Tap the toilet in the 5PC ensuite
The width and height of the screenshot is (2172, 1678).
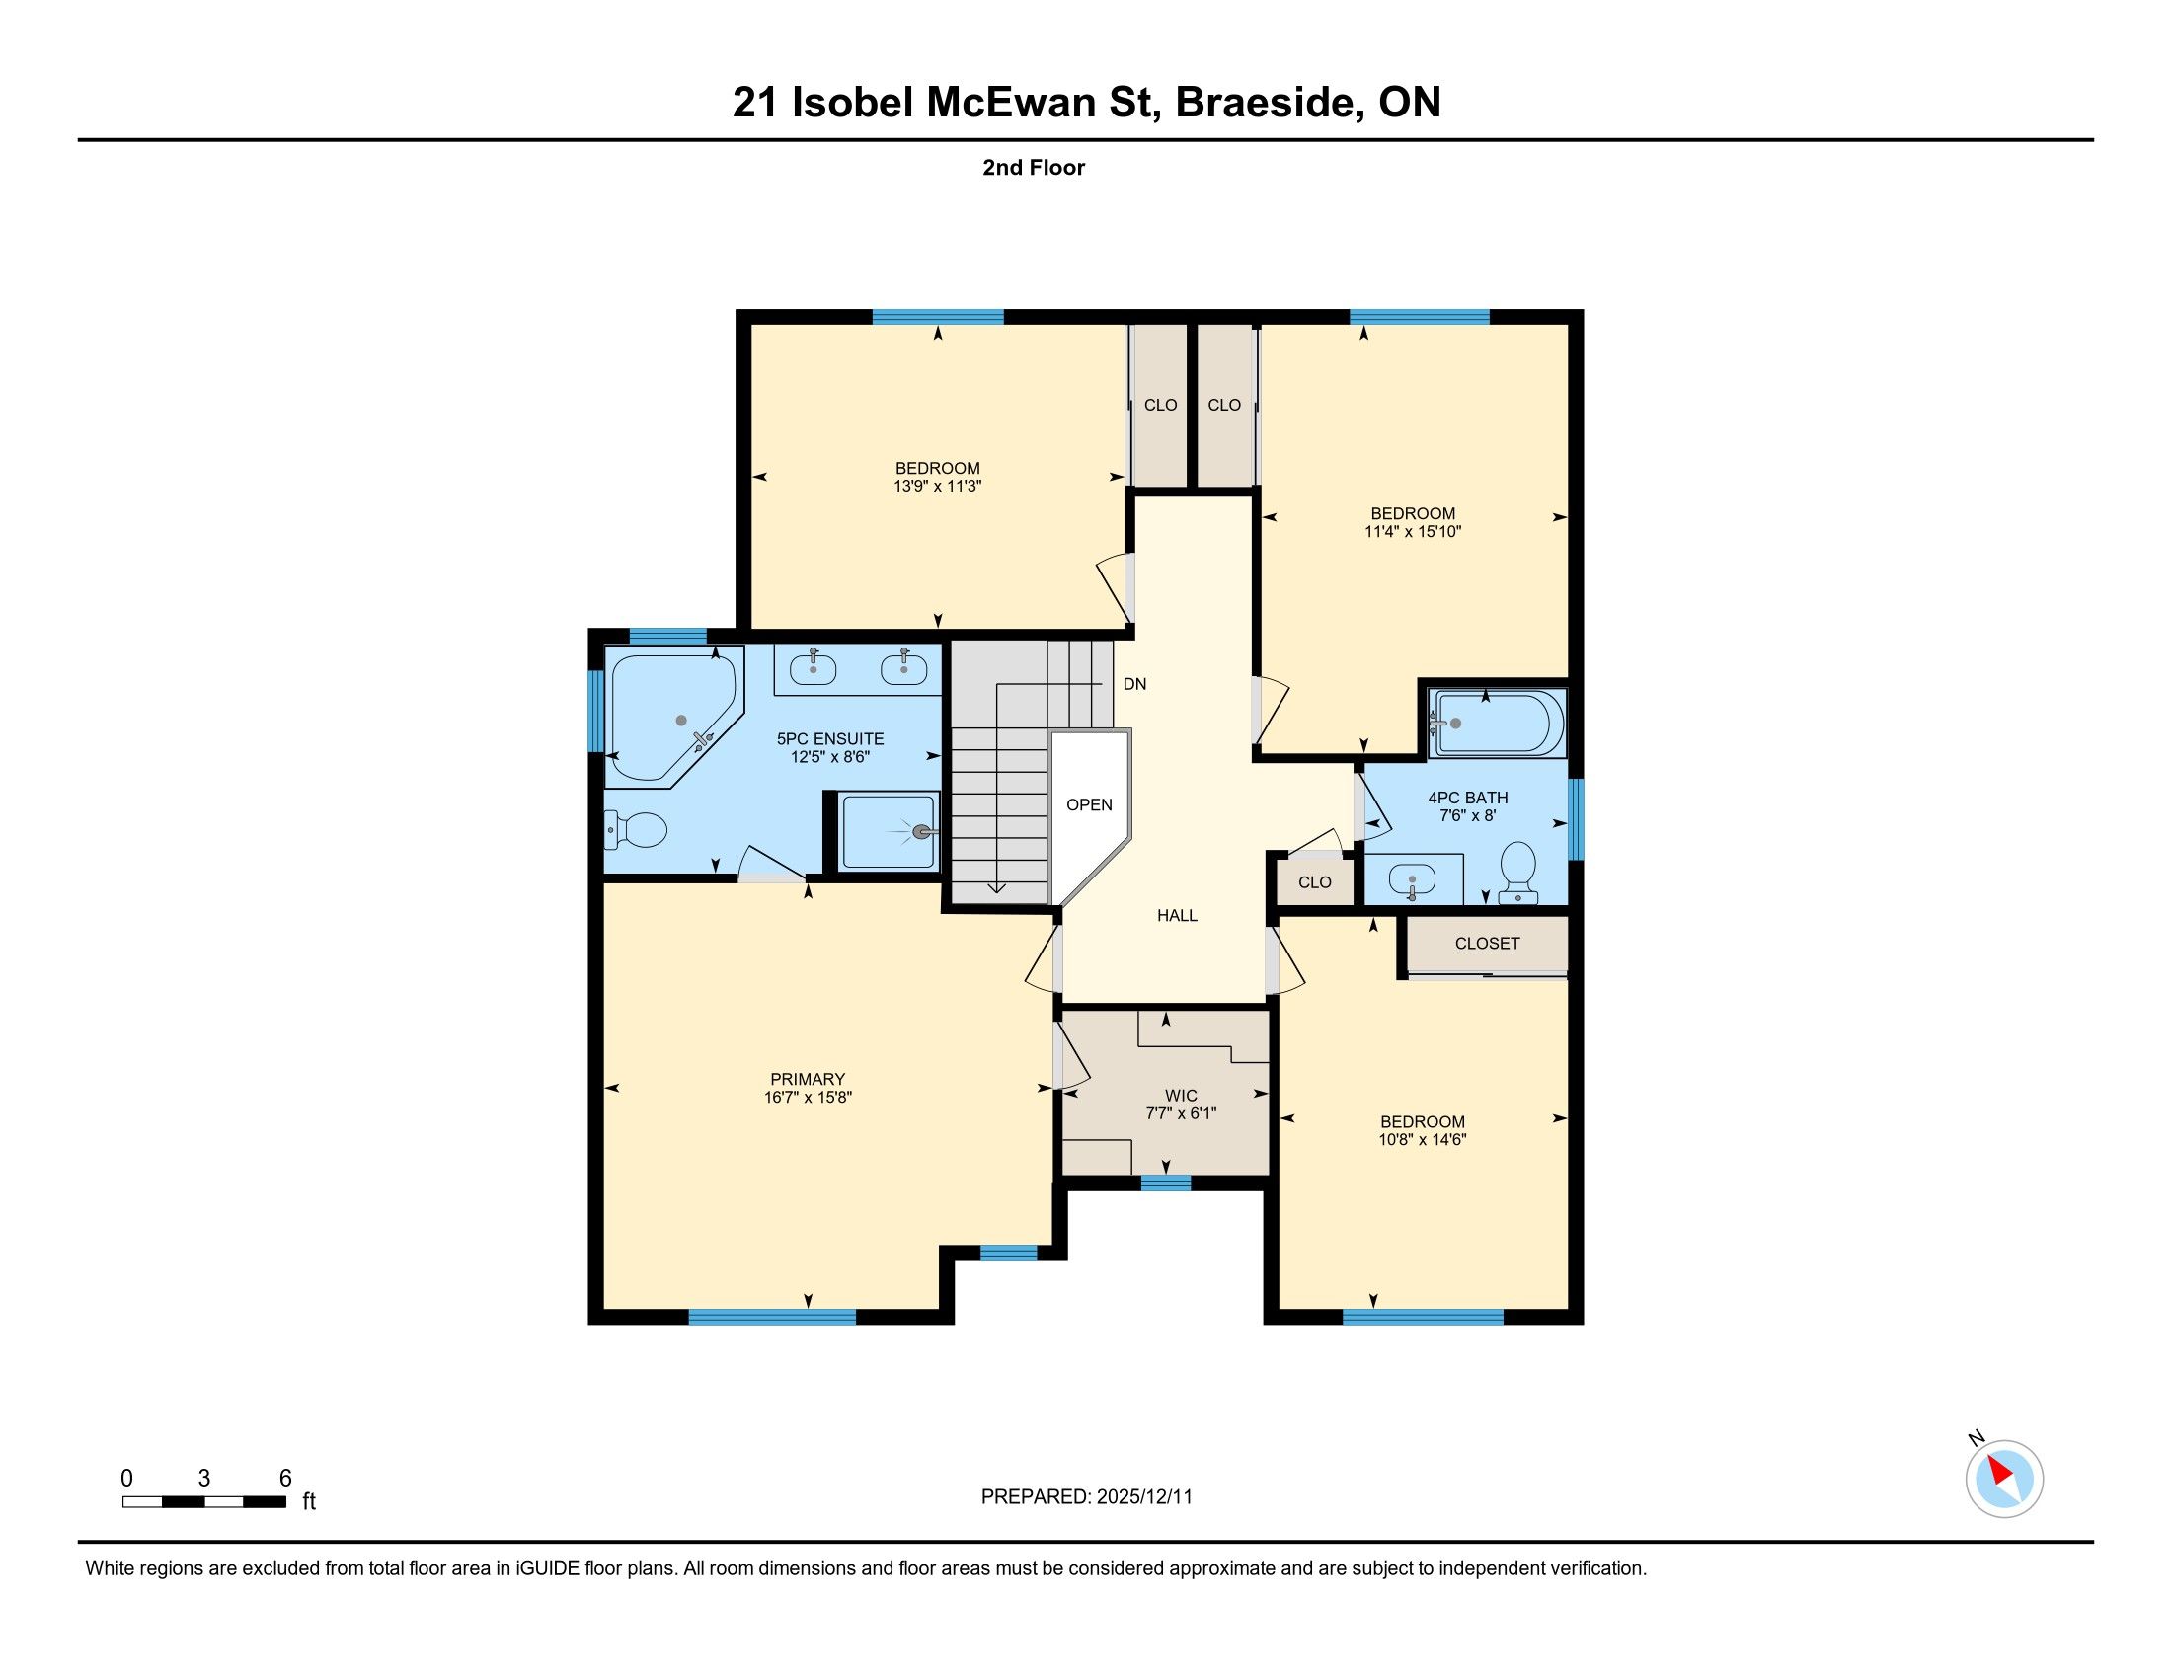point(636,829)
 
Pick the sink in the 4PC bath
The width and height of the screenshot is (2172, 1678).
point(1412,879)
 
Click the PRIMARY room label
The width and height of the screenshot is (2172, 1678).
point(808,1079)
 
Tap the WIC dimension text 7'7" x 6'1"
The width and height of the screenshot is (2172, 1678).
point(1181,1113)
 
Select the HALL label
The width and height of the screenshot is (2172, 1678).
point(1178,916)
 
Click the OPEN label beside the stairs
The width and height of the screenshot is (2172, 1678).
point(1089,804)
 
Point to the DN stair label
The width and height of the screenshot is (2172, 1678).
point(1134,684)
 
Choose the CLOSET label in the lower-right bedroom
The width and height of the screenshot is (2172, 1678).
point(1487,944)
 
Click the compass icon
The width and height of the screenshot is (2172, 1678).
point(2004,1479)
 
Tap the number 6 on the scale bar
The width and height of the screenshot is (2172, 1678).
point(285,1478)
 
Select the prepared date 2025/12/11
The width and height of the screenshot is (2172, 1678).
point(1143,1497)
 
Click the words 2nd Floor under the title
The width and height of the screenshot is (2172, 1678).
point(1034,167)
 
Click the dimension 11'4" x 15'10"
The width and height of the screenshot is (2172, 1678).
point(1412,532)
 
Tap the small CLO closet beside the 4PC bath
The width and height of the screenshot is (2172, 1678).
point(1315,881)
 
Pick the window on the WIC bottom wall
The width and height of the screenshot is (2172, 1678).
point(1166,1182)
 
